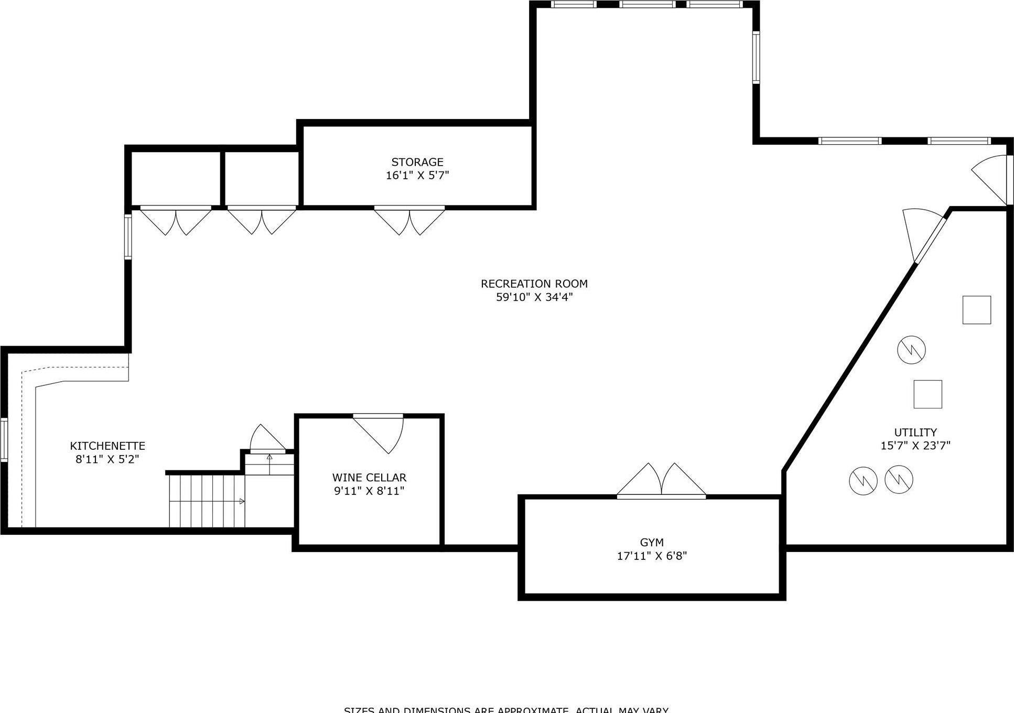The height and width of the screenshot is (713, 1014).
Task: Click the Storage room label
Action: tap(417, 162)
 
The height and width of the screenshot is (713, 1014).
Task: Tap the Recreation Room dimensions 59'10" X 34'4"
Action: tap(534, 297)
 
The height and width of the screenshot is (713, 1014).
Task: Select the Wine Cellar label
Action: tap(369, 478)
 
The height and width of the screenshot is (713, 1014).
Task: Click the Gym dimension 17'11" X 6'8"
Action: tap(652, 556)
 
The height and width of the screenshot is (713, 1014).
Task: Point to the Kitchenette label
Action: tap(107, 446)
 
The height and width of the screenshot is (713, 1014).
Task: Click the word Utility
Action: tap(915, 433)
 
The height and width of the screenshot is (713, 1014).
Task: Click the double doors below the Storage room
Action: tap(409, 220)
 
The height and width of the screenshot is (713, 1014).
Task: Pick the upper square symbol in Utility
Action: tap(976, 310)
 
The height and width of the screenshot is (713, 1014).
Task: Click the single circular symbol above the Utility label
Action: tap(911, 350)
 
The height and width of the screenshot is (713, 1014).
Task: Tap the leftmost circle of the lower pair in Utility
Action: tap(862, 480)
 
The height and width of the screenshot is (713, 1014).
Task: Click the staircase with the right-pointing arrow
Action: tap(207, 501)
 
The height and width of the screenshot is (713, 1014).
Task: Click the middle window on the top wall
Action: tap(647, 4)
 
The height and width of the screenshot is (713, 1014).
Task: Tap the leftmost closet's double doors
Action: tap(176, 220)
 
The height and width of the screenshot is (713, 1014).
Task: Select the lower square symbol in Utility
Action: tap(927, 394)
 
